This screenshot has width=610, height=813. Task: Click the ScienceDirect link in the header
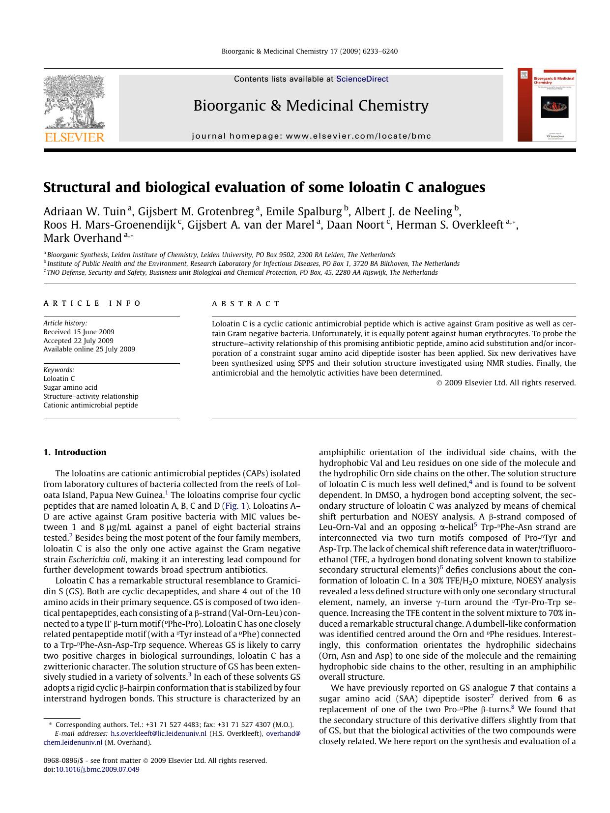point(362,79)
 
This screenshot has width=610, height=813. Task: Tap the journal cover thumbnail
point(547,105)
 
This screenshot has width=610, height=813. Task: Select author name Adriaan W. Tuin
point(85,211)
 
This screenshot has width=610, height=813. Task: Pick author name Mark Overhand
point(82,238)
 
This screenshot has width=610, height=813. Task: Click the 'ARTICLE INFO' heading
point(92,303)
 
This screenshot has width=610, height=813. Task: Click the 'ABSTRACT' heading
point(246,304)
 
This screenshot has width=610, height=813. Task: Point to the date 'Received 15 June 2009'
point(79,332)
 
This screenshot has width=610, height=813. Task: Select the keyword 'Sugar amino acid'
point(70,387)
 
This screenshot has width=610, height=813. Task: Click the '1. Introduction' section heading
point(75,452)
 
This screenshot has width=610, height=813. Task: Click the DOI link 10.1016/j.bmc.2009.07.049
point(97,769)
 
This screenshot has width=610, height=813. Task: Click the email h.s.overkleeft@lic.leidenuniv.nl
point(158,733)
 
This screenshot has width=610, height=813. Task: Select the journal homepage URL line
point(311,136)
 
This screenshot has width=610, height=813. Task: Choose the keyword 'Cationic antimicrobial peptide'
point(90,405)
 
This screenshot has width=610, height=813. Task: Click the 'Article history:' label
point(65,323)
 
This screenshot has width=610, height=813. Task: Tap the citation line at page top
point(310,51)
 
